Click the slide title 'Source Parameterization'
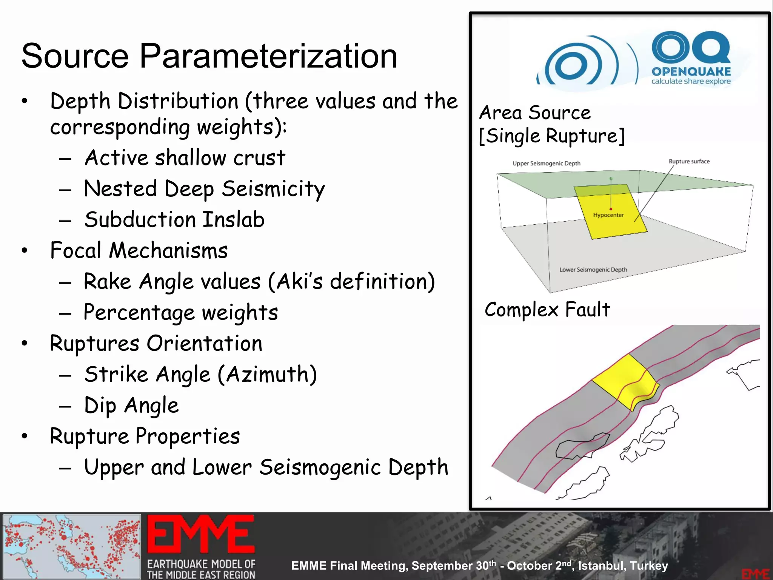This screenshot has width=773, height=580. (x=209, y=56)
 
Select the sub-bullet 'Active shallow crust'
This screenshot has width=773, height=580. (x=185, y=157)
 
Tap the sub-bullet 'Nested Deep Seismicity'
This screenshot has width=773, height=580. (x=204, y=189)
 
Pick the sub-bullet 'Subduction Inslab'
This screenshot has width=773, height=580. (x=174, y=220)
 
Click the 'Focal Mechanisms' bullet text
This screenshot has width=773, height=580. (x=139, y=250)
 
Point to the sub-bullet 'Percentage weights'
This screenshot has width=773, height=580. (x=181, y=313)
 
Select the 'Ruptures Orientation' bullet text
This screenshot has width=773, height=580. (x=156, y=344)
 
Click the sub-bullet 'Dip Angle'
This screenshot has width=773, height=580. (x=131, y=406)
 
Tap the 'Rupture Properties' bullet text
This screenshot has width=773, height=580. (x=145, y=437)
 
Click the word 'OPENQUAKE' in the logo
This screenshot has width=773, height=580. (x=691, y=71)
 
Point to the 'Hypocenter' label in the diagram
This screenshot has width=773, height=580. (x=608, y=215)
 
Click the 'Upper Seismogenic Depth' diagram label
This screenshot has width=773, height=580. (x=546, y=164)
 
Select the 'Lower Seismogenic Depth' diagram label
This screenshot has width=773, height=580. (x=593, y=270)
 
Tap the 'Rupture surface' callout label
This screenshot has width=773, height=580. (x=689, y=162)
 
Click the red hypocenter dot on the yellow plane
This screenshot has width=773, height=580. (x=611, y=209)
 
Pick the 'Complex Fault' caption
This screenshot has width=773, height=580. (x=547, y=310)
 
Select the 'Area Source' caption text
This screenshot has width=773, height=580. (x=534, y=113)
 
